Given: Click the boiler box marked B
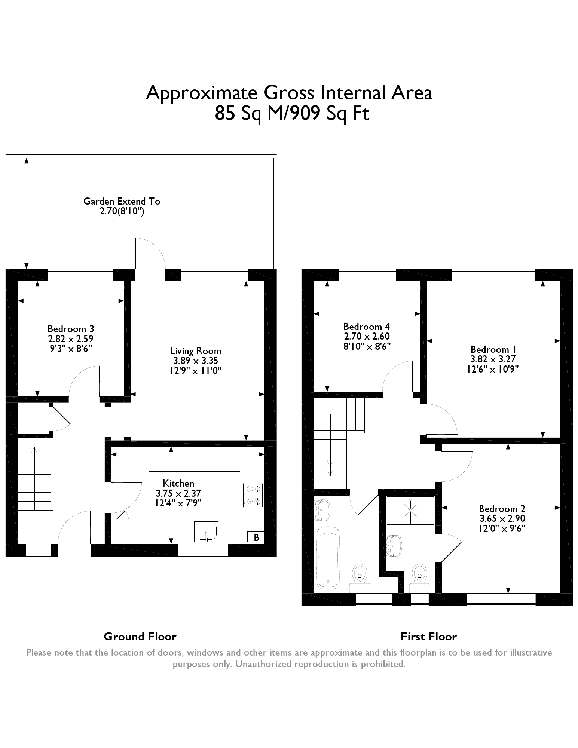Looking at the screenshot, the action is click(256, 537).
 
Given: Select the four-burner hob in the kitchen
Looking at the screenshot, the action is click(253, 495).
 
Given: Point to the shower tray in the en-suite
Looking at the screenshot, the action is click(410, 510).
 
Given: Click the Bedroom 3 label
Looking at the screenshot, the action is click(71, 329).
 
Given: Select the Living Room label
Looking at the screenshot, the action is click(196, 351).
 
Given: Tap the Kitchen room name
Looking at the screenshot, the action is click(178, 483).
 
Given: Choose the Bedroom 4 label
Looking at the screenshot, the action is click(367, 327).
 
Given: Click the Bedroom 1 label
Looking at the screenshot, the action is click(494, 349).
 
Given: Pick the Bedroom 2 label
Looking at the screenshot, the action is click(502, 509).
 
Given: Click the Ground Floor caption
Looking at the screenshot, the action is click(140, 637).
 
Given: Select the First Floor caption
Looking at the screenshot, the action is click(429, 637).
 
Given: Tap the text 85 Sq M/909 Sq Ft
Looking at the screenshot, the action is click(292, 113).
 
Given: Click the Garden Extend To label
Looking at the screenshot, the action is click(122, 202).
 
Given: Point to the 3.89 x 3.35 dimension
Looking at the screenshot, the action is click(196, 361).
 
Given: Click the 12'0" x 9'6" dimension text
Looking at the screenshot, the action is click(502, 528).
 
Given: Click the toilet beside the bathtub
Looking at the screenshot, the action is click(360, 578).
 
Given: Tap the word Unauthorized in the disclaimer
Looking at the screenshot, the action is click(264, 664).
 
